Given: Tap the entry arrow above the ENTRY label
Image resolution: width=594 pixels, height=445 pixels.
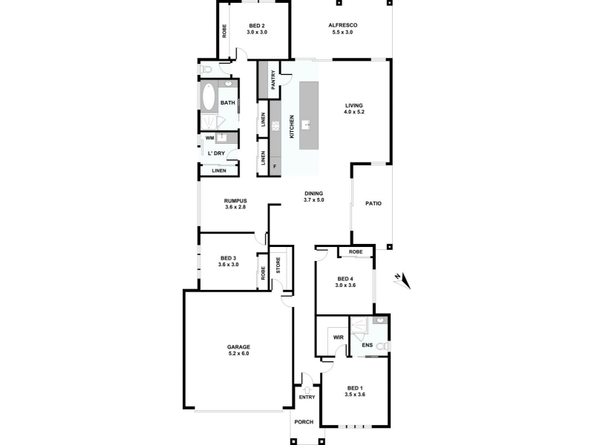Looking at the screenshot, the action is [307, 389].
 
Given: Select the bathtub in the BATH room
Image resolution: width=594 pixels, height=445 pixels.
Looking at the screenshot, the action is [208, 97].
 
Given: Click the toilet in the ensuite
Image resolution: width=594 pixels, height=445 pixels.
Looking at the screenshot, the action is [382, 346].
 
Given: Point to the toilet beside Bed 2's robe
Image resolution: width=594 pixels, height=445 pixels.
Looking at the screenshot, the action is [206, 70].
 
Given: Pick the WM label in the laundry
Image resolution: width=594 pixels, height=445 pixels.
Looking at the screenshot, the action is [210, 138].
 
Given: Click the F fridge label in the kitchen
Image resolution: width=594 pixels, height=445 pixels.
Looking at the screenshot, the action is [275, 166].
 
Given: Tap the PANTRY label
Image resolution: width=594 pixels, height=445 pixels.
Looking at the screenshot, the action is [273, 80].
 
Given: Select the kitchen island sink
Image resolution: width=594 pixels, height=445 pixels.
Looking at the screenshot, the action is [306, 125].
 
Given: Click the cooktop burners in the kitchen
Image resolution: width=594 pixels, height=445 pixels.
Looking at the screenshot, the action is [275, 125].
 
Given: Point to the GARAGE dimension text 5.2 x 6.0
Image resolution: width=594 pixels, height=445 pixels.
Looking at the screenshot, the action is [238, 354].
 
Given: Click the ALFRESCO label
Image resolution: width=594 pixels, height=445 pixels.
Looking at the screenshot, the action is [342, 25].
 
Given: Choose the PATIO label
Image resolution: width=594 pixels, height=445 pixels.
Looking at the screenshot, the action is [373, 203].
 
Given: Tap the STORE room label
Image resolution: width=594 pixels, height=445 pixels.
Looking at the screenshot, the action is [278, 266].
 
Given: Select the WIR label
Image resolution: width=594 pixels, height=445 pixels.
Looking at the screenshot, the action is [339, 337].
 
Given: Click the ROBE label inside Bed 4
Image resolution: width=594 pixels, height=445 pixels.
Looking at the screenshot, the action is [356, 252].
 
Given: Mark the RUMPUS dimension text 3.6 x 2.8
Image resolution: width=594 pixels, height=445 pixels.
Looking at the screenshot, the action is [235, 207].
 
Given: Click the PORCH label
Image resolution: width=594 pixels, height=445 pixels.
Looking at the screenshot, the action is [304, 422].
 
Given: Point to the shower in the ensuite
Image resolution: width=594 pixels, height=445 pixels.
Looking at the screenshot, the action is [359, 326].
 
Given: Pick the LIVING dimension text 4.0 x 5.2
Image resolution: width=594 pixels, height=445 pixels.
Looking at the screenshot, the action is [354, 112].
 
